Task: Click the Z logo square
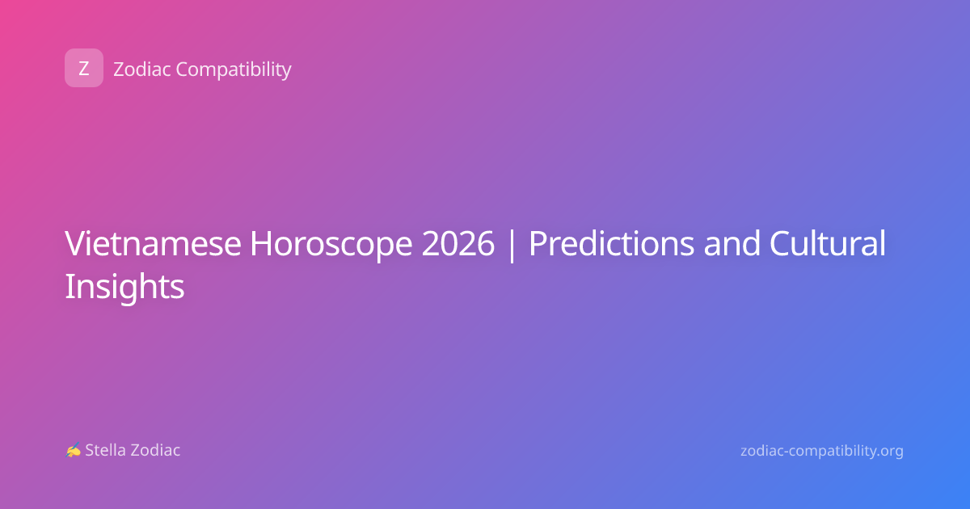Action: (84, 68)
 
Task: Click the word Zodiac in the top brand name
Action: (142, 69)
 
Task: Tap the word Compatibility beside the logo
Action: (234, 70)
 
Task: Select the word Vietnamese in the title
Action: (153, 243)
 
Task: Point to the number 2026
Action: (458, 243)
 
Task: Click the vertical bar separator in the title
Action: (512, 245)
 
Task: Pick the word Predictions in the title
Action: (611, 243)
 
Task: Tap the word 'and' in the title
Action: (732, 243)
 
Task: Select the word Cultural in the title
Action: (828, 242)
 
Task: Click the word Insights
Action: (124, 288)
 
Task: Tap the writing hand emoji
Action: (74, 450)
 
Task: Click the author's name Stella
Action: (105, 450)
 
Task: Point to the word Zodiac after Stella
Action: (155, 450)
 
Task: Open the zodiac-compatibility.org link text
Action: (822, 451)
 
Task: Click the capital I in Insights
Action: (69, 287)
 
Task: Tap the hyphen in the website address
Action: (787, 452)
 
